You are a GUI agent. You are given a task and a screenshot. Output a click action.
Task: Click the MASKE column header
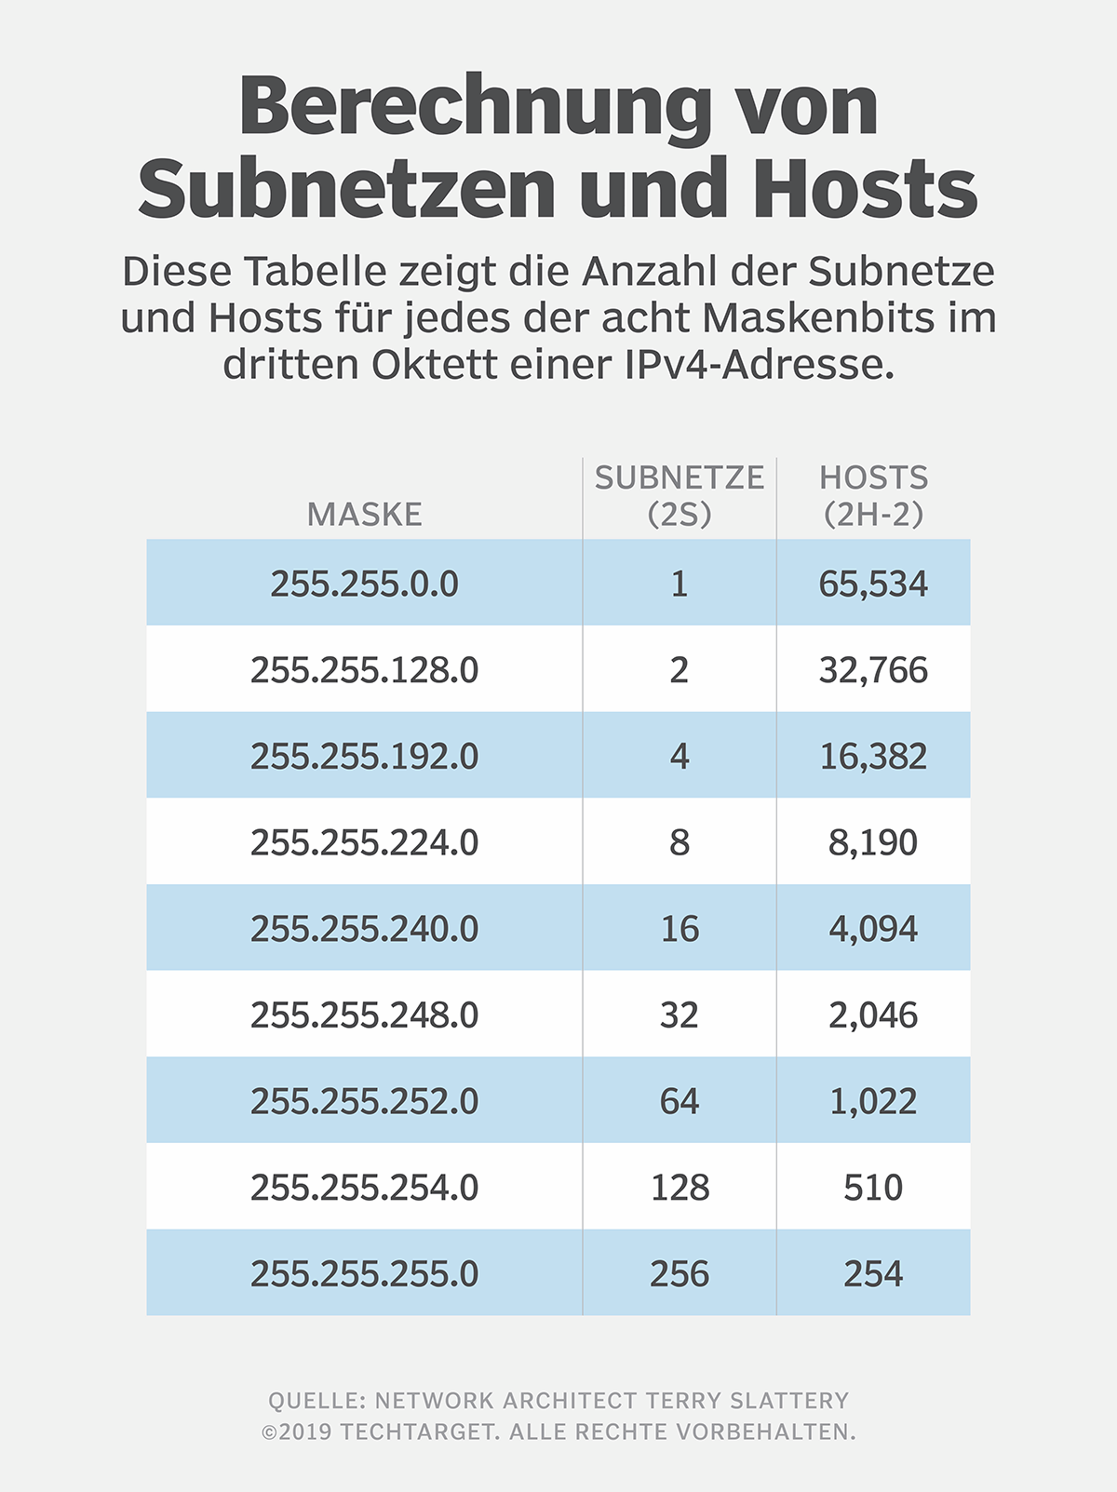coord(364,514)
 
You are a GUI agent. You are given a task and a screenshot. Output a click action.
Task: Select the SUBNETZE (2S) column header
coord(679,495)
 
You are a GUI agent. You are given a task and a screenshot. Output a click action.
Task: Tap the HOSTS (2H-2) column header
coord(873,495)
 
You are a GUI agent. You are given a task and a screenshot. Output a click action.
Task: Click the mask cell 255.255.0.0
coord(364,584)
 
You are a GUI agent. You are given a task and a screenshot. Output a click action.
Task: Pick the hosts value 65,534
coord(873,584)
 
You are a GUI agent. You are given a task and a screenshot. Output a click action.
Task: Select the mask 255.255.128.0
coord(364,670)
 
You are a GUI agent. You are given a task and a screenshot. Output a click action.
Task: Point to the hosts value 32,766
coord(873,670)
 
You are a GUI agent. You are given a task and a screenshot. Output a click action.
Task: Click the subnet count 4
coord(680,756)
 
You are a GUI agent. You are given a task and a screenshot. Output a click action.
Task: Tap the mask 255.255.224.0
coord(364,842)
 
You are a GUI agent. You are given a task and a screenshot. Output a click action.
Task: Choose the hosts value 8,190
coord(873,842)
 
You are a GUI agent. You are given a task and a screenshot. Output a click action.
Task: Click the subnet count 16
coord(680,929)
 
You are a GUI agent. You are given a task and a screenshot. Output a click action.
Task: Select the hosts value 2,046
coord(873,1015)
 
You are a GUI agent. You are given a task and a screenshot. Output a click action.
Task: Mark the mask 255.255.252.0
coord(364,1101)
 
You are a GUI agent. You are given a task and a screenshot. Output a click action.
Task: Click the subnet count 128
coord(680,1188)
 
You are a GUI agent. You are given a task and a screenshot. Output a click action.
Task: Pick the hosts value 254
coord(873,1273)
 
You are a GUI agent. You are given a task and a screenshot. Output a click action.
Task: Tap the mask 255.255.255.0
coord(364,1273)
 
